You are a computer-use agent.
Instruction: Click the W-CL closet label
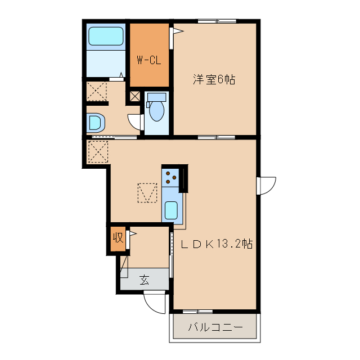(149, 59)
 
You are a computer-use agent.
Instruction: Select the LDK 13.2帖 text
(216, 244)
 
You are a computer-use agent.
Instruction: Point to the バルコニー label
(214, 327)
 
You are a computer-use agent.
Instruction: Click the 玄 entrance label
(144, 279)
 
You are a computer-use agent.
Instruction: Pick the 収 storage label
(118, 237)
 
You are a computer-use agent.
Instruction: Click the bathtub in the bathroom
(106, 38)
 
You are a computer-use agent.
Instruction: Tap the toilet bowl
(156, 110)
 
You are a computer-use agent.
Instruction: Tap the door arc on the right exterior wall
(267, 185)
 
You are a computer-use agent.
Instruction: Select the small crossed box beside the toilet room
(135, 96)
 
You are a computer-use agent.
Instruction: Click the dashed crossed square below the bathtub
(97, 92)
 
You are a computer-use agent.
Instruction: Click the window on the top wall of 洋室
(217, 21)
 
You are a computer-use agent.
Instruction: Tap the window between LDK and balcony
(197, 311)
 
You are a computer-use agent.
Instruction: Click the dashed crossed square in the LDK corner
(98, 151)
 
